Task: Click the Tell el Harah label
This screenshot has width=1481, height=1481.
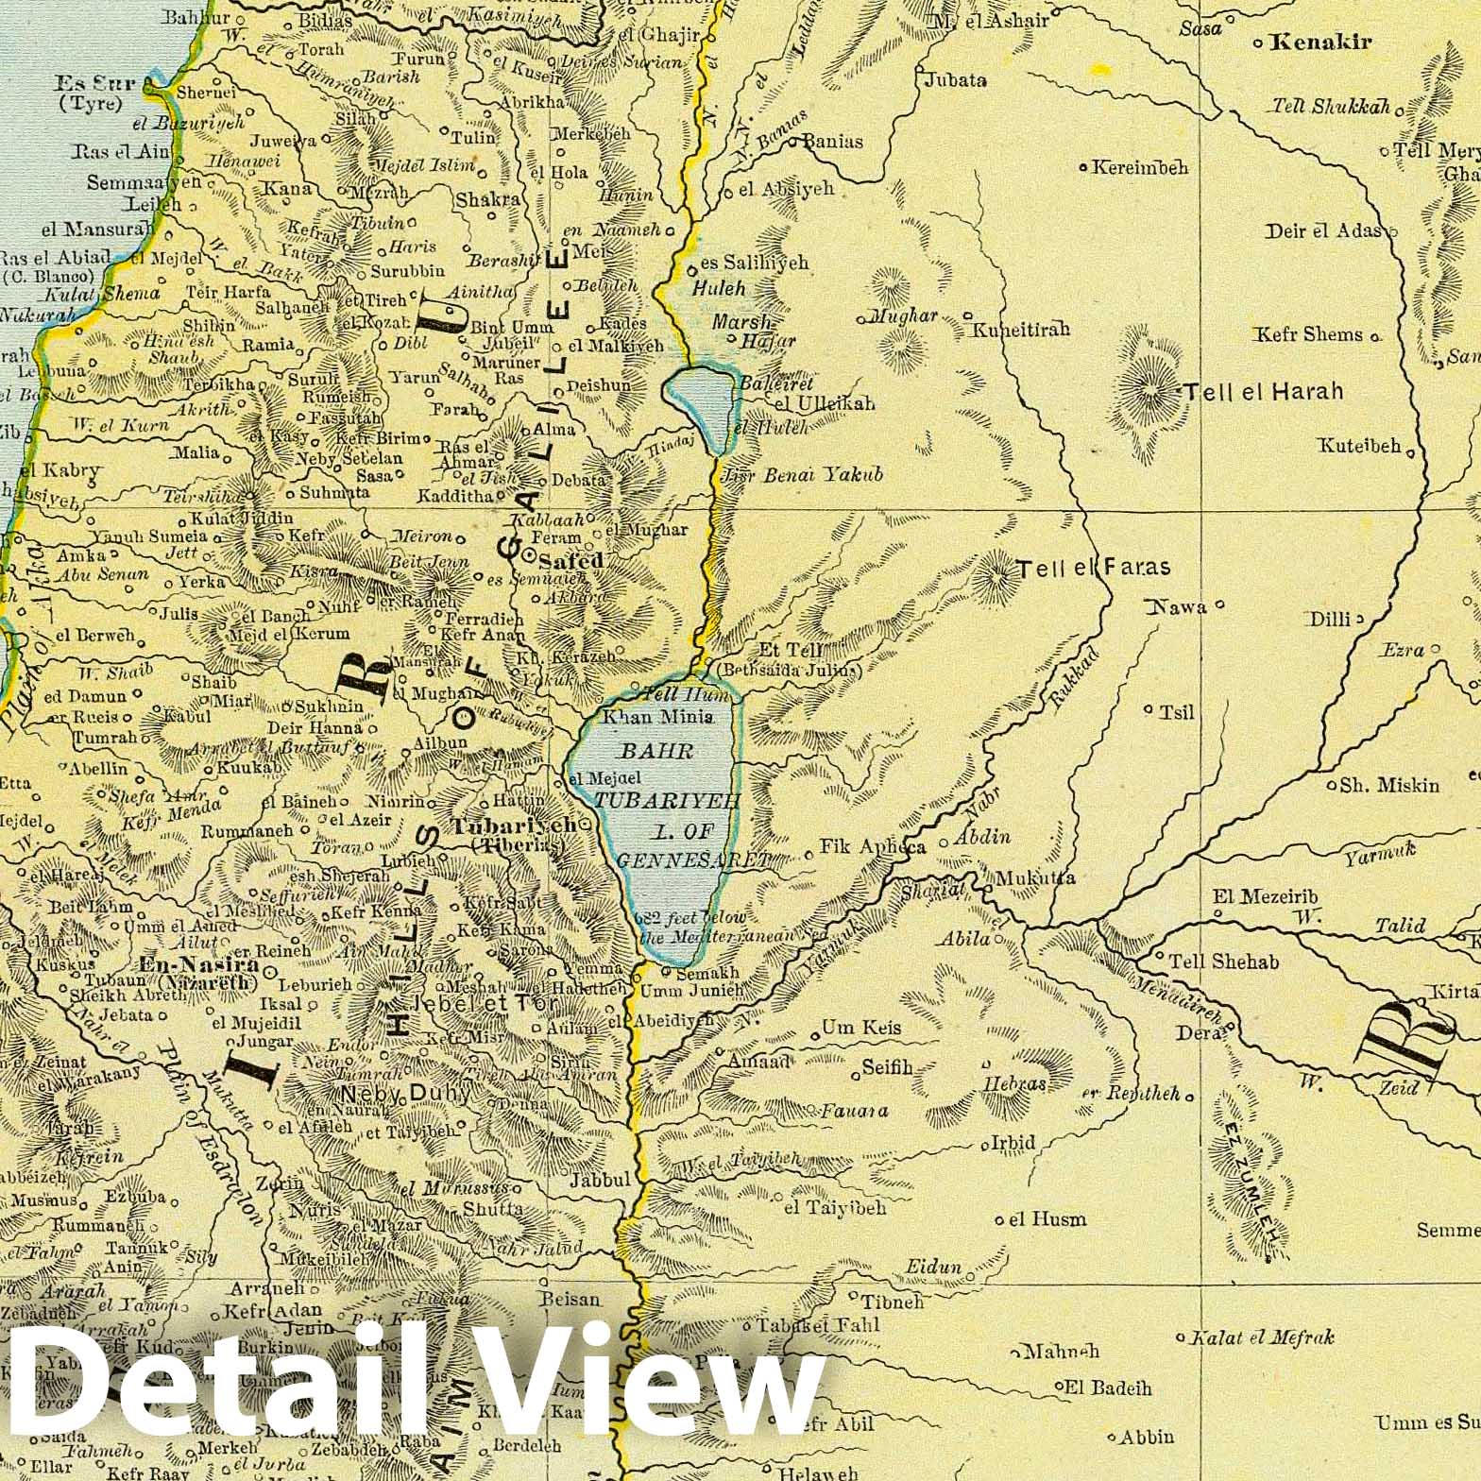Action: pyautogui.click(x=1263, y=392)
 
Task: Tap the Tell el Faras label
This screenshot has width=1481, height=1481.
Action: pyautogui.click(x=1093, y=569)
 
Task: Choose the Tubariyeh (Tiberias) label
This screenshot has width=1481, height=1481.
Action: pyautogui.click(x=514, y=832)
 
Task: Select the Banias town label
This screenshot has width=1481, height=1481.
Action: pyautogui.click(x=832, y=142)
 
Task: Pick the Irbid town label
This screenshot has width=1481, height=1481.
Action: pyautogui.click(x=1013, y=1143)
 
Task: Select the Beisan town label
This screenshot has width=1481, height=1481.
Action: pyautogui.click(x=570, y=1300)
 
